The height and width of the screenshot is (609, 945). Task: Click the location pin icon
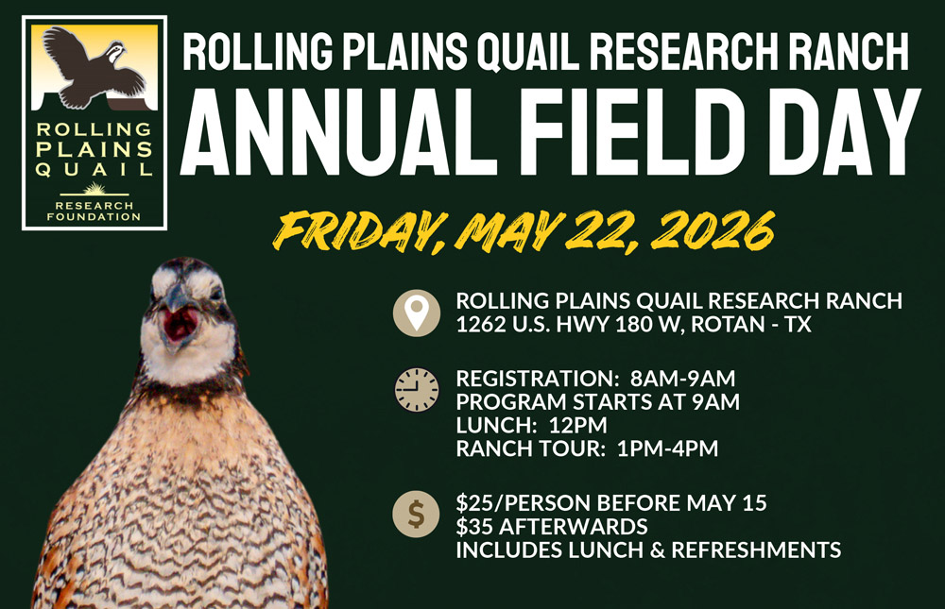pos(417,313)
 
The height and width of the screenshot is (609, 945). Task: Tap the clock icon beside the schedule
pos(417,390)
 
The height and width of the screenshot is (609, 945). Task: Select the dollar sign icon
pos(416,514)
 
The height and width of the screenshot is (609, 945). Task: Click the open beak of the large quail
pos(179,323)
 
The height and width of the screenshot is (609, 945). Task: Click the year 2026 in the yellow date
pos(713,230)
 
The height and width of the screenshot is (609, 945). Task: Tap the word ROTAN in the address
pos(728,324)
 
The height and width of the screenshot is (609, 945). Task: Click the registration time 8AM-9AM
pos(683,379)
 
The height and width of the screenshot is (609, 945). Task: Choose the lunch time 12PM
pos(578,425)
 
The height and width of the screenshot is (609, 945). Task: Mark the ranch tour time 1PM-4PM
pos(668,448)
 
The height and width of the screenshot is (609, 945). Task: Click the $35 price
pos(474,527)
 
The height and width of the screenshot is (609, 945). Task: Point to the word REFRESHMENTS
pos(756,550)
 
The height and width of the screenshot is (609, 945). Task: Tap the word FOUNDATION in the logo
pos(94,217)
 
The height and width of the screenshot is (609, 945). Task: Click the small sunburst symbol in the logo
pos(94,188)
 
